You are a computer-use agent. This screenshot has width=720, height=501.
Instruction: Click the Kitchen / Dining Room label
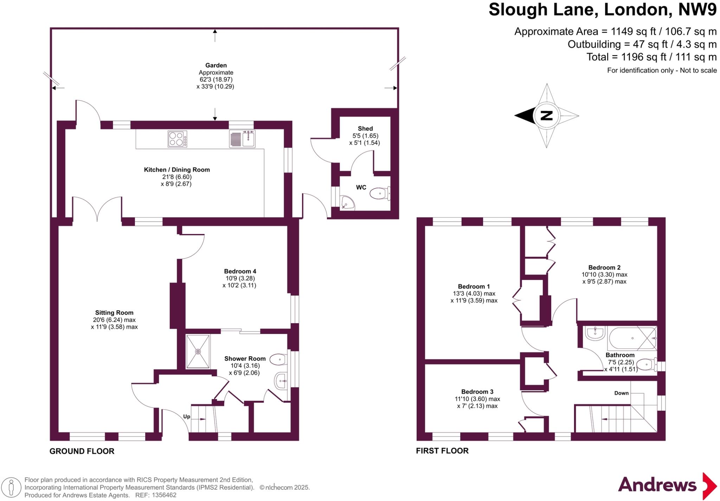point(177,170)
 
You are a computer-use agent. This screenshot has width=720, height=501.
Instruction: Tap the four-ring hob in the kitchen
point(177,139)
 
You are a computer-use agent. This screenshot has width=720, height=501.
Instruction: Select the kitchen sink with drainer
point(242,139)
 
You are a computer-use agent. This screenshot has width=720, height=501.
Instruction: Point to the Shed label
point(365,129)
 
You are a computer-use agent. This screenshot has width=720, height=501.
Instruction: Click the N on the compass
point(546,116)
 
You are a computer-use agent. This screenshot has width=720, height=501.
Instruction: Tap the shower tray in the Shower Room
point(198,351)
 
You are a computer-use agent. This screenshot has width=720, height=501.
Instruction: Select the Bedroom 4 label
point(240,271)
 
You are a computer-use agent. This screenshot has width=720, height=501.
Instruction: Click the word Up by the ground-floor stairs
point(187,417)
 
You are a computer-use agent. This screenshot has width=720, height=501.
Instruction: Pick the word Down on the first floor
point(621,393)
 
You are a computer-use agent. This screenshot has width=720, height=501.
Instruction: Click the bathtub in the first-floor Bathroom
point(632,338)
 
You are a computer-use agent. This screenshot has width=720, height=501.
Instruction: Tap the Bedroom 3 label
point(477,392)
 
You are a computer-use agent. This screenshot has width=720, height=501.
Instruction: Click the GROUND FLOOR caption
point(82,451)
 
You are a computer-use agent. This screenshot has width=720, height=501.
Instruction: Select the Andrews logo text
point(657,485)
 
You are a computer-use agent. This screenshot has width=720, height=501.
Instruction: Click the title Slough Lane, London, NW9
point(602,9)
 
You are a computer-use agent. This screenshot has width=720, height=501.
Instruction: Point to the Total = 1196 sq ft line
point(651,57)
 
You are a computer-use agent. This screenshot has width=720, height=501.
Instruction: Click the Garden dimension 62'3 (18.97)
point(216,79)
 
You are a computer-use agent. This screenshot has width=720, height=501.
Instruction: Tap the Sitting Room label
point(114,313)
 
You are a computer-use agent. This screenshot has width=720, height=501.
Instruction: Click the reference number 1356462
point(164,495)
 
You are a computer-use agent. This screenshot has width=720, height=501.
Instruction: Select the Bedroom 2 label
point(604,268)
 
